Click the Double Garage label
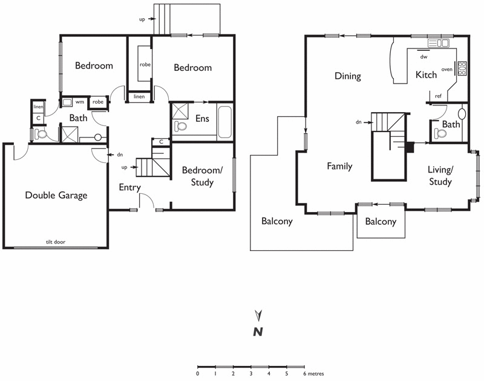coord(56,195)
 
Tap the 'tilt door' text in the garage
coord(56,242)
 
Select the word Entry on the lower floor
coord(129,188)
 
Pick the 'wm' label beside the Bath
coord(80,102)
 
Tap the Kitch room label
coord(426,75)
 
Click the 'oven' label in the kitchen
coord(447,69)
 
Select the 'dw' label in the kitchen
coord(423,57)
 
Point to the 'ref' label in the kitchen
coord(438,96)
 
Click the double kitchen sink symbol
coord(439,43)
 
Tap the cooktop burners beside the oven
coord(463,68)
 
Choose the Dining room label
coord(348,76)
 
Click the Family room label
coord(339,166)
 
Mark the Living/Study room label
coord(440,175)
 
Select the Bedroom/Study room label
coord(201,176)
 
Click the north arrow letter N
coord(258,331)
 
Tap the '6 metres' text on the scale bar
coord(314,374)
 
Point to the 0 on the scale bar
coord(198,374)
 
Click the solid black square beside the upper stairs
coord(410,145)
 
